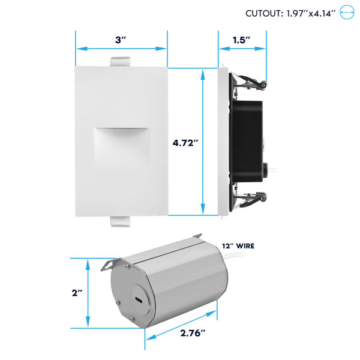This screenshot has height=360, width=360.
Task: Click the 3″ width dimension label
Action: [x=121, y=40]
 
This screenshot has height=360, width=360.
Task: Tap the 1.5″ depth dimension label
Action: [x=241, y=40]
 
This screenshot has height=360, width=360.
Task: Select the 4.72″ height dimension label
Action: [x=185, y=143]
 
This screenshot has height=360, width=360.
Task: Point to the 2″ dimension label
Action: [x=77, y=293]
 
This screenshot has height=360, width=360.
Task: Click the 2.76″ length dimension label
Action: [x=193, y=333]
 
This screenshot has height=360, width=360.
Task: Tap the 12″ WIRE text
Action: [x=238, y=246]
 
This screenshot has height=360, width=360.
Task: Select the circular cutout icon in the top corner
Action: [x=347, y=12]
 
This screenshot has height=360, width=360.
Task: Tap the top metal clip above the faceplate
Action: [x=121, y=62]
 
